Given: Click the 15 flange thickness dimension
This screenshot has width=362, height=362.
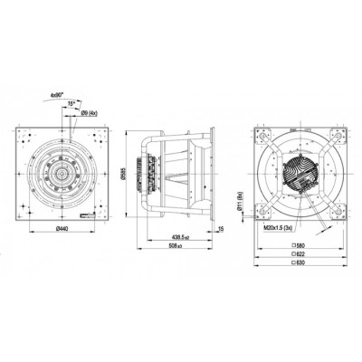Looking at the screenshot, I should point(221,230).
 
